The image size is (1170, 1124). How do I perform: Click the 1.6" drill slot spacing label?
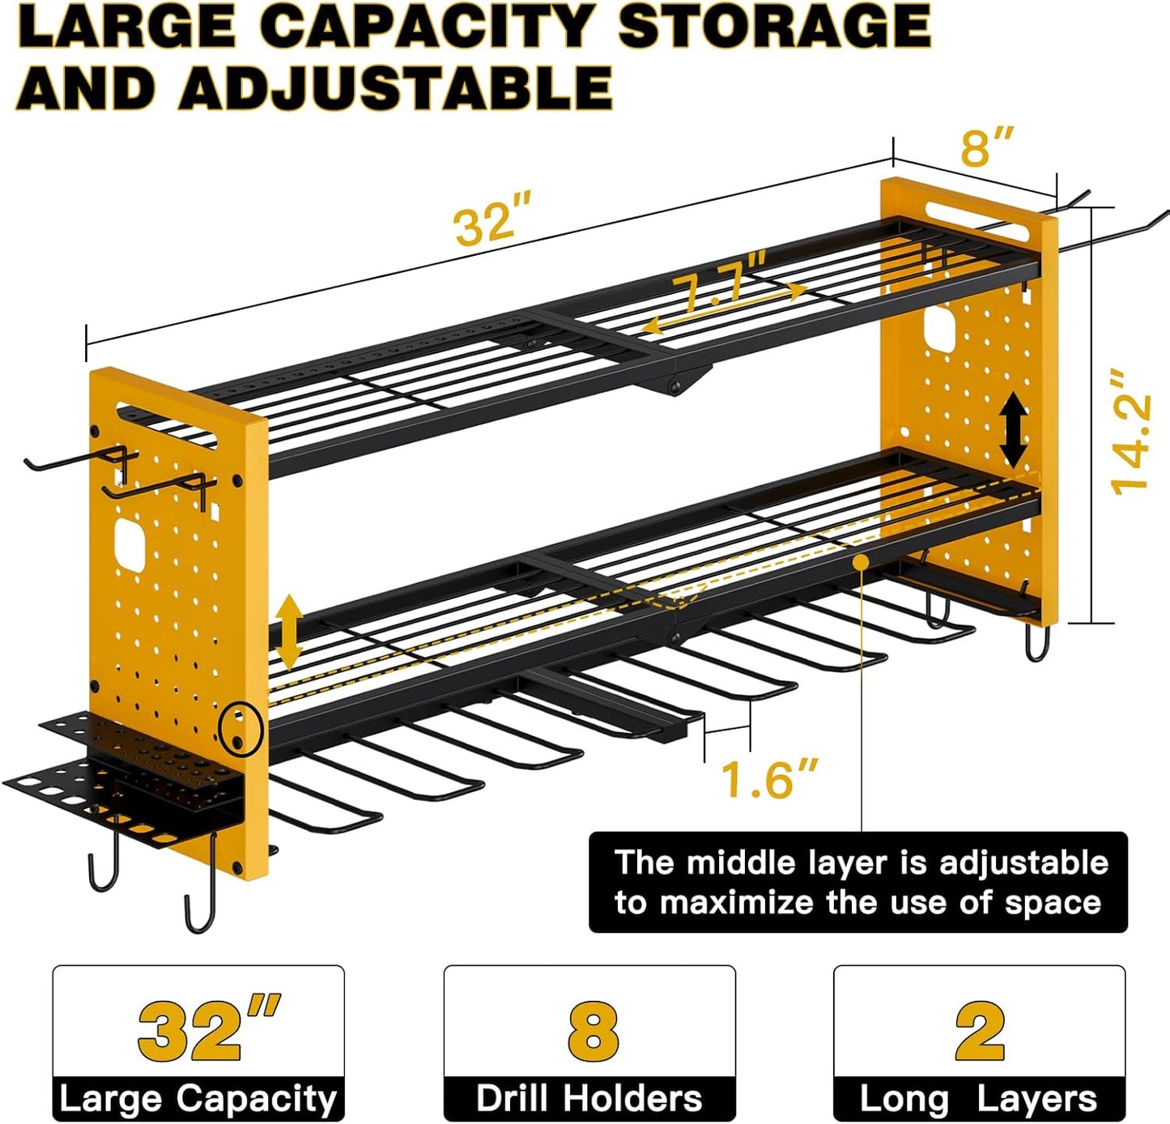pos(768,779)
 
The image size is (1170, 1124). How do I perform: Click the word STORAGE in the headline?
pos(773,28)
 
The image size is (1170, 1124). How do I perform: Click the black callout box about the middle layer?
pos(857,882)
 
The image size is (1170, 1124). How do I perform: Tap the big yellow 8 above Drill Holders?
pos(592,1031)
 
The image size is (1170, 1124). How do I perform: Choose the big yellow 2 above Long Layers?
pos(979,1031)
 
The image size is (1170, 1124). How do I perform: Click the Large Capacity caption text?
pos(198,1099)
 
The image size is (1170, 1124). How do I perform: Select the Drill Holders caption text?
pos(589,1099)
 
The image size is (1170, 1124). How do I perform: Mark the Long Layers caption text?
pos(978,1099)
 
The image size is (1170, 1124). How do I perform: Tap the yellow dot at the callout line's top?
pos(862,560)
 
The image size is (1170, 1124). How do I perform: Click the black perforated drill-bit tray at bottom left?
pos(121,790)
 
